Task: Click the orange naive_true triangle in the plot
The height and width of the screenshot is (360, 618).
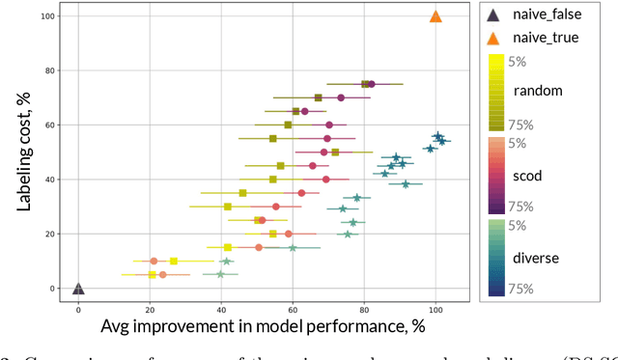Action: pyautogui.click(x=435, y=16)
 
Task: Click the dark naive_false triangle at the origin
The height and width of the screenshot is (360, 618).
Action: pyautogui.click(x=78, y=288)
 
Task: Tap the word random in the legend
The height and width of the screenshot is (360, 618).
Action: pyautogui.click(x=539, y=91)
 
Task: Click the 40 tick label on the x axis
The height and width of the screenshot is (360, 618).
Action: pyautogui.click(x=221, y=309)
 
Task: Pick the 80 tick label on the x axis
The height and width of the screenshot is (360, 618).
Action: pyautogui.click(x=364, y=309)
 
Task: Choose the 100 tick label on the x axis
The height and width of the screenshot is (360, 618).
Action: pyautogui.click(x=435, y=309)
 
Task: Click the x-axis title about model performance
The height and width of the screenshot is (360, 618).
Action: pyautogui.click(x=263, y=328)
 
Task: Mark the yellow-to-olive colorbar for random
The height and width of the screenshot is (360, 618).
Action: pyautogui.click(x=496, y=92)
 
